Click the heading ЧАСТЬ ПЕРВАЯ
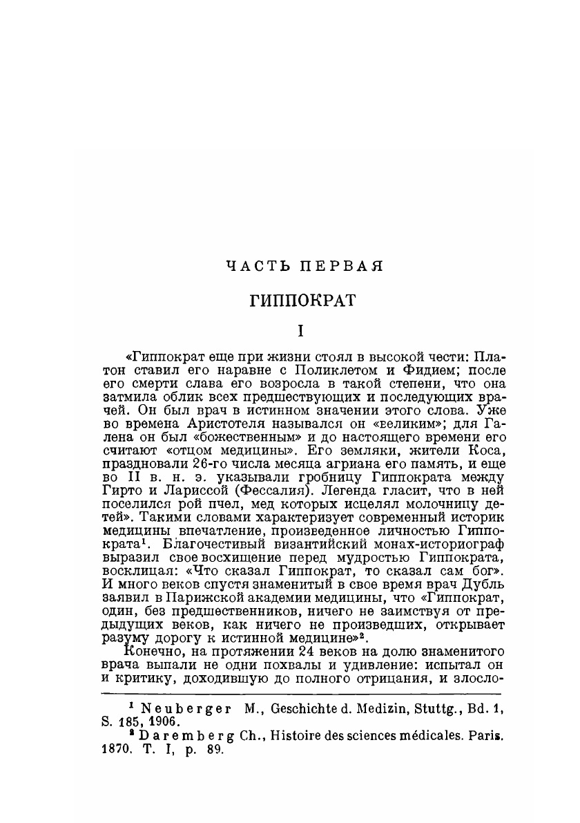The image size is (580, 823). [x=304, y=266]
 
